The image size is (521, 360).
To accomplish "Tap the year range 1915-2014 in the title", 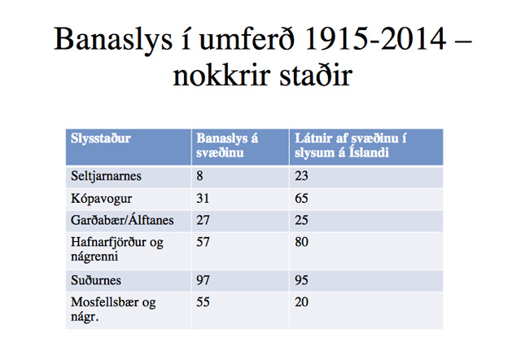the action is [x=375, y=39].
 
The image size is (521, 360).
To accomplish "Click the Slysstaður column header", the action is [x=101, y=138].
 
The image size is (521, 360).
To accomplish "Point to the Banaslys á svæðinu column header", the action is [x=227, y=145].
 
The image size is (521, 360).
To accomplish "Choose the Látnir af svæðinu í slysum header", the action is [x=351, y=145].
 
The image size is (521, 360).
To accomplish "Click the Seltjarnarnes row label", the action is [x=106, y=176].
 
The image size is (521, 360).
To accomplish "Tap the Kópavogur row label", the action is [x=101, y=199].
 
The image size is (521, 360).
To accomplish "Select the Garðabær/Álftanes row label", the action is [x=122, y=220].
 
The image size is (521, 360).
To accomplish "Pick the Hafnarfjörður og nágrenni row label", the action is [x=117, y=249].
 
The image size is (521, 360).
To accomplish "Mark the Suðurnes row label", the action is [x=96, y=280].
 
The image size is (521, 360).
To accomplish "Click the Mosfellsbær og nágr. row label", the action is [x=113, y=310].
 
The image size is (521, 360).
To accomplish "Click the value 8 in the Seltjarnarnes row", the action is [x=199, y=176].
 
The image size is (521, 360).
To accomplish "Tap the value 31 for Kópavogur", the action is [x=203, y=199].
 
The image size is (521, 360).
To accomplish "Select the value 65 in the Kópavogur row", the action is [x=301, y=199].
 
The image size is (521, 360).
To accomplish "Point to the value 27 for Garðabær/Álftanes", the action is [x=203, y=220].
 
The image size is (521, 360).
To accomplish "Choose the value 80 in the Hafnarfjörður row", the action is [x=301, y=242].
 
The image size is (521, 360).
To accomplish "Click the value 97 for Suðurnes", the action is [x=203, y=280].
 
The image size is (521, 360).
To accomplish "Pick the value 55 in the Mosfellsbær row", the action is [x=203, y=302].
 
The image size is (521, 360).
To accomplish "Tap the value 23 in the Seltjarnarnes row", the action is [x=301, y=176].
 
